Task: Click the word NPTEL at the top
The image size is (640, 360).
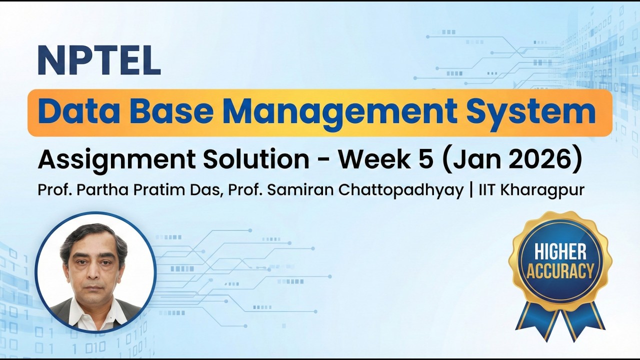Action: pyautogui.click(x=99, y=60)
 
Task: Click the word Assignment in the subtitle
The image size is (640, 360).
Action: pyautogui.click(x=116, y=160)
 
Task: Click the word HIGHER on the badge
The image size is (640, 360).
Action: pyautogui.click(x=560, y=251)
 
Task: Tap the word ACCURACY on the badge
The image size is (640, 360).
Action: pyautogui.click(x=560, y=271)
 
